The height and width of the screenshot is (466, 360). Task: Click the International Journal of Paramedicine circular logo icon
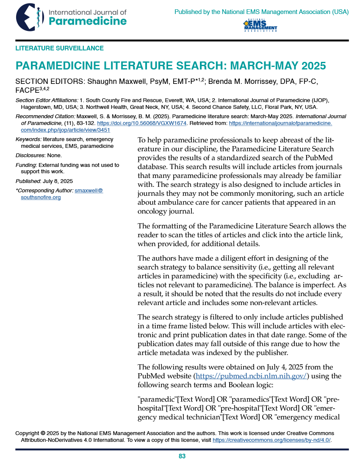[x=30, y=17]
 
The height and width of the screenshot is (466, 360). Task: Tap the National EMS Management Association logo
[x=260, y=25]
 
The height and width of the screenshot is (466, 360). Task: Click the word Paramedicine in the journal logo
[x=88, y=21]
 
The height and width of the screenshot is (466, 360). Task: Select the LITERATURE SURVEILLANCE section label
[x=59, y=48]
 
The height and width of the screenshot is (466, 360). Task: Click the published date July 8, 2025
[x=58, y=181]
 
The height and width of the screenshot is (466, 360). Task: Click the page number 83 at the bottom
[x=182, y=456]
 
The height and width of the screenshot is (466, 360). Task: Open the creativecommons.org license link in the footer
[x=271, y=440]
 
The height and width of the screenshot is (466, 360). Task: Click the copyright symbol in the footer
[x=43, y=433]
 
